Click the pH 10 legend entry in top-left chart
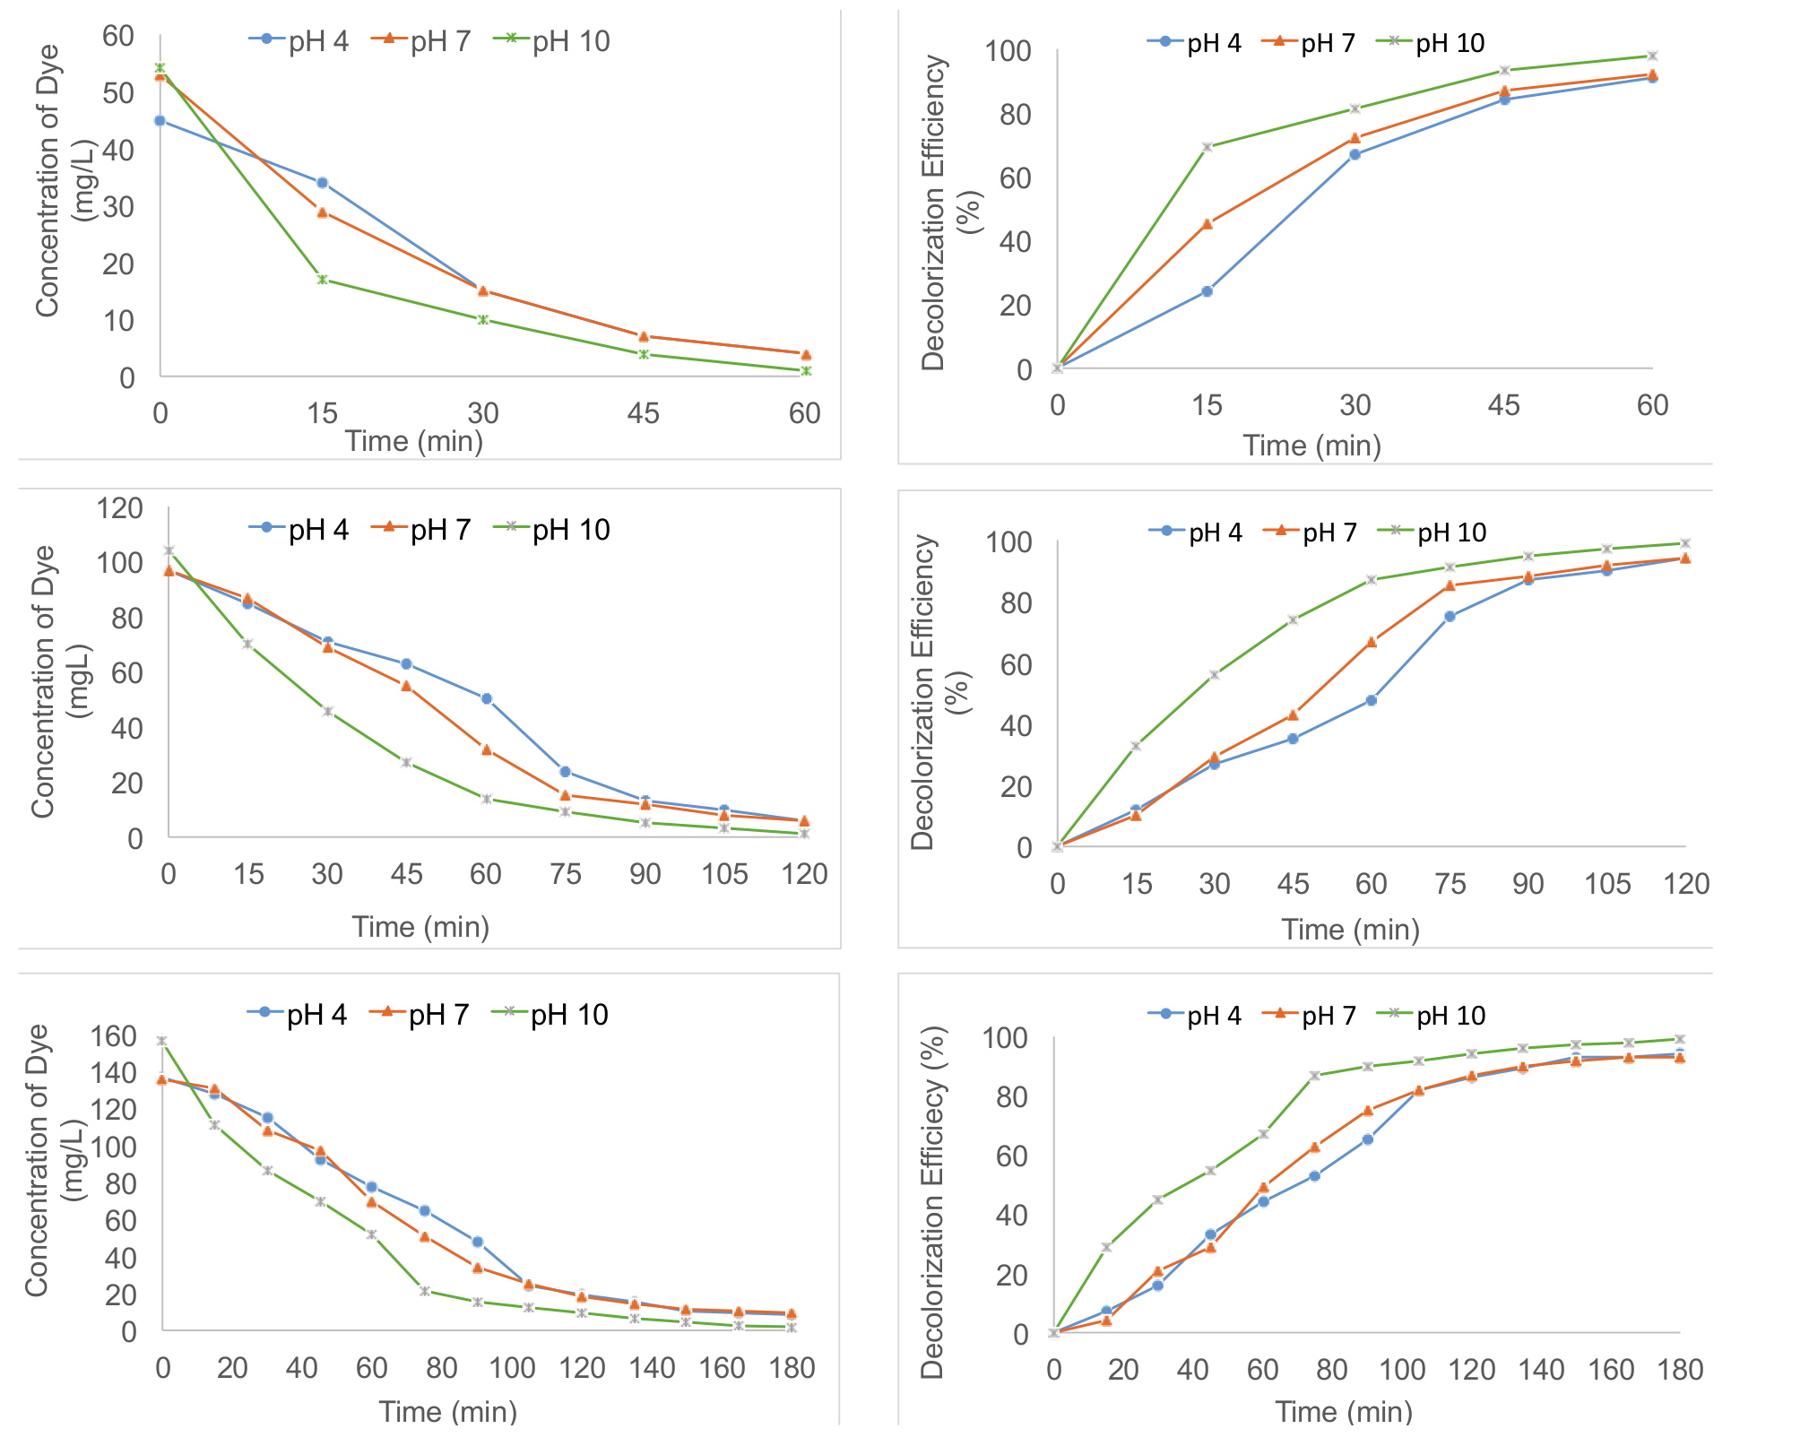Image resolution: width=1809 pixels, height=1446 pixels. (x=553, y=41)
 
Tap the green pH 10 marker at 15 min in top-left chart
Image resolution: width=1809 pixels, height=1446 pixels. (x=322, y=279)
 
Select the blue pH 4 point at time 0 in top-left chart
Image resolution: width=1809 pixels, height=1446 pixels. (x=160, y=120)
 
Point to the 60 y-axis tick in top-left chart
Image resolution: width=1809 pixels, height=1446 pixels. (x=118, y=36)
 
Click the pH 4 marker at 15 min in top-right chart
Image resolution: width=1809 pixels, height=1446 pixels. (x=1207, y=291)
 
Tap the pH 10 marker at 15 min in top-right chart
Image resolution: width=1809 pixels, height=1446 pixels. (x=1207, y=147)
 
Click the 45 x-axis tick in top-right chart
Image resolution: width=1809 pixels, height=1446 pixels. (x=1503, y=405)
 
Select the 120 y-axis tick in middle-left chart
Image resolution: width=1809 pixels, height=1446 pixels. (x=119, y=508)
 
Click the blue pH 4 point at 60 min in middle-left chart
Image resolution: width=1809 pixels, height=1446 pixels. (x=486, y=698)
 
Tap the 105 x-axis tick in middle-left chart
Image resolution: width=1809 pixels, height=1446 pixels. (x=724, y=874)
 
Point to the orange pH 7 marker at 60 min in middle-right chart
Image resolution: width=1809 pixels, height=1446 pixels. (x=1372, y=642)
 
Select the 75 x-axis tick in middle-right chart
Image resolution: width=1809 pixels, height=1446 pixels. (x=1450, y=884)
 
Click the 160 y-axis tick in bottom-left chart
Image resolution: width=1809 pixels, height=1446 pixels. (x=114, y=1036)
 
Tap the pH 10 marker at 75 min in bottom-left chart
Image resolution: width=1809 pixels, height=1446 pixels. (x=424, y=1291)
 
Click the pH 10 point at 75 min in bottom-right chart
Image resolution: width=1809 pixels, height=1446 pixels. (x=1315, y=1076)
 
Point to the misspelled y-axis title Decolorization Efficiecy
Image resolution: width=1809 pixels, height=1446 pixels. (x=932, y=1201)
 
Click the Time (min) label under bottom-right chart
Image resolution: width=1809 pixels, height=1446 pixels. (x=1344, y=1412)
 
